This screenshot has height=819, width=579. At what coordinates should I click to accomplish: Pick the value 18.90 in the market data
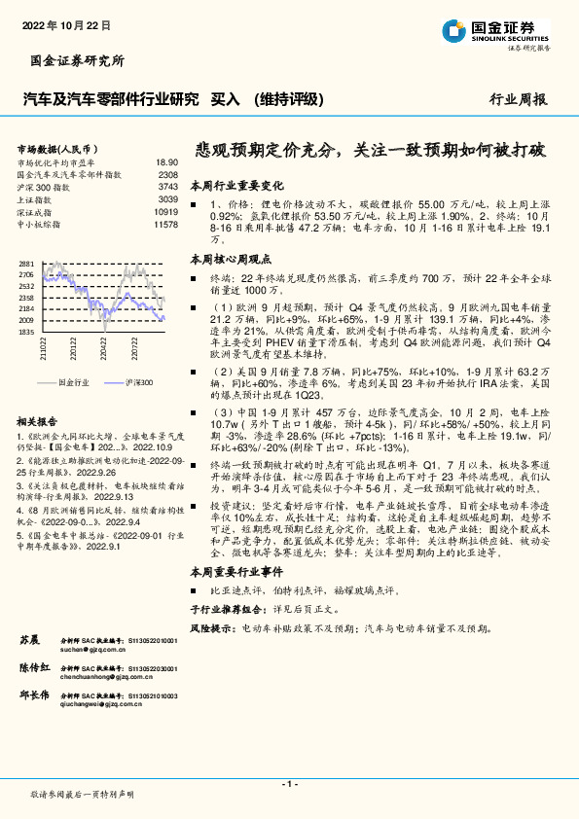(x=166, y=162)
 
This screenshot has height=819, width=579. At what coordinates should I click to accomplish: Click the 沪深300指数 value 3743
(x=167, y=186)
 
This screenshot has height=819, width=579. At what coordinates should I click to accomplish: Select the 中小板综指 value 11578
(x=165, y=224)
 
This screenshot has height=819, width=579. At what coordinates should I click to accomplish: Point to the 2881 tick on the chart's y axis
(x=25, y=264)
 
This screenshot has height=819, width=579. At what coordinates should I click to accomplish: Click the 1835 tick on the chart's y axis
(x=25, y=331)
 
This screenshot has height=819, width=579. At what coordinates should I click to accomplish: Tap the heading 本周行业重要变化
(x=235, y=184)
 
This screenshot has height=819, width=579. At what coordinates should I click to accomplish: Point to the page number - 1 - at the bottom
(x=289, y=782)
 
